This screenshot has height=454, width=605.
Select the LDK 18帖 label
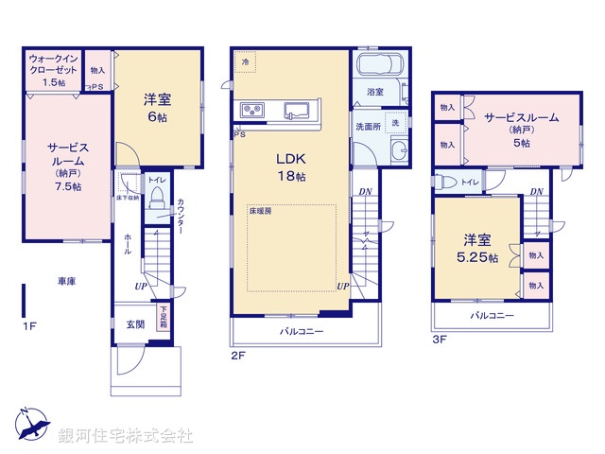coord(290,167)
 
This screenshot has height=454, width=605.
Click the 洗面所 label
coord(367,126)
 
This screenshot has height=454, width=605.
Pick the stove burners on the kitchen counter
coord(252,111)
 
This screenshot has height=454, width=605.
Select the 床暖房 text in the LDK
coord(262,213)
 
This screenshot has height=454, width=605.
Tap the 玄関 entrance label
coord(135,323)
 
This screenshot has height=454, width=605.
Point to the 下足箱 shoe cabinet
coord(164,315)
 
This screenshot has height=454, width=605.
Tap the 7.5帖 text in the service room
coord(68,186)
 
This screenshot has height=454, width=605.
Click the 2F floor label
coord(237,357)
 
